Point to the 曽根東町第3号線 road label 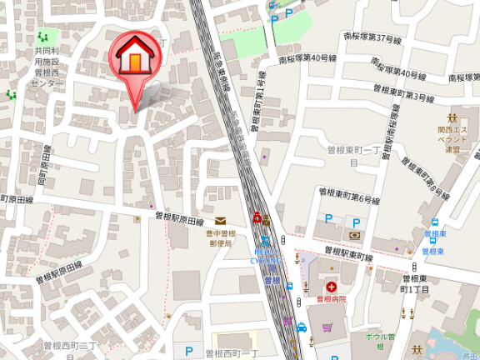click(392, 97)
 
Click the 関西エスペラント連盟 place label click(454, 139)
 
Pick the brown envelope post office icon click(220, 220)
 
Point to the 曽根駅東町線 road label click(347, 253)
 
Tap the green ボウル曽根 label click(372, 340)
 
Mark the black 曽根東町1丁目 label click(414, 284)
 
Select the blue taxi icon click(302, 327)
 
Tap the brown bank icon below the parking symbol click(355, 235)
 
